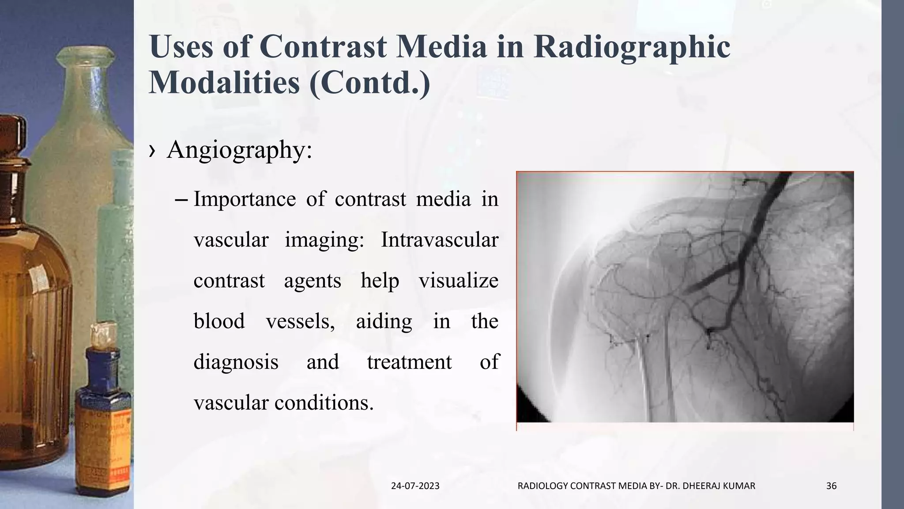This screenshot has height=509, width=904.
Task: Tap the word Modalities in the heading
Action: tap(224, 83)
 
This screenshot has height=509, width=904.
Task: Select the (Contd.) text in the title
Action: tap(369, 83)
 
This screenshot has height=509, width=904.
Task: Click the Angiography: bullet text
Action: tap(239, 150)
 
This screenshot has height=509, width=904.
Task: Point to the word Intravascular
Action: tap(440, 240)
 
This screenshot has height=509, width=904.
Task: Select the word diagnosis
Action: tap(236, 362)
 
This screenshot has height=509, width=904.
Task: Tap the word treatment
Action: tap(409, 362)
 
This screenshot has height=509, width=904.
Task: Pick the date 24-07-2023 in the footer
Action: tap(415, 486)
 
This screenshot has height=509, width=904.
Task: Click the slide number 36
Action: tap(831, 486)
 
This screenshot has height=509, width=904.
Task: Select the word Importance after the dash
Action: tap(245, 199)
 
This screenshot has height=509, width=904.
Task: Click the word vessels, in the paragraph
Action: tap(300, 321)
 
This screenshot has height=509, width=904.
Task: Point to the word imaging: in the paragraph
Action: tap(324, 240)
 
